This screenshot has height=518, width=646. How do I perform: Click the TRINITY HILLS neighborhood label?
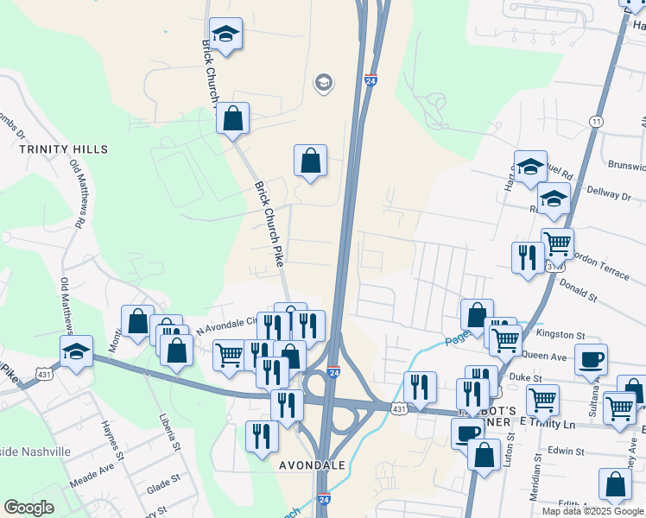pyautogui.click(x=64, y=149)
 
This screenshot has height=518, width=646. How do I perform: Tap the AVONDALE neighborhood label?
pyautogui.click(x=312, y=464)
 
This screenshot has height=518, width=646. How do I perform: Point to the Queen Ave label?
pyautogui.click(x=545, y=355)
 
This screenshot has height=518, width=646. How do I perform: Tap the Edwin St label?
pyautogui.click(x=566, y=451)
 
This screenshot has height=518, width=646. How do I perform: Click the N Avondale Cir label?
pyautogui.click(x=227, y=323)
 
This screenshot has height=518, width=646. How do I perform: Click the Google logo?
pyautogui.click(x=29, y=508)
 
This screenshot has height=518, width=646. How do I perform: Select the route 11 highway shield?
pyautogui.click(x=596, y=122)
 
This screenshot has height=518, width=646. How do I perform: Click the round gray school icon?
pyautogui.click(x=324, y=83)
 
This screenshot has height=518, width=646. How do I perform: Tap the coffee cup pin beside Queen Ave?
pyautogui.click(x=591, y=358)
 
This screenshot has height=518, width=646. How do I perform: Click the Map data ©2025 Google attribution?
pyautogui.click(x=592, y=511)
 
